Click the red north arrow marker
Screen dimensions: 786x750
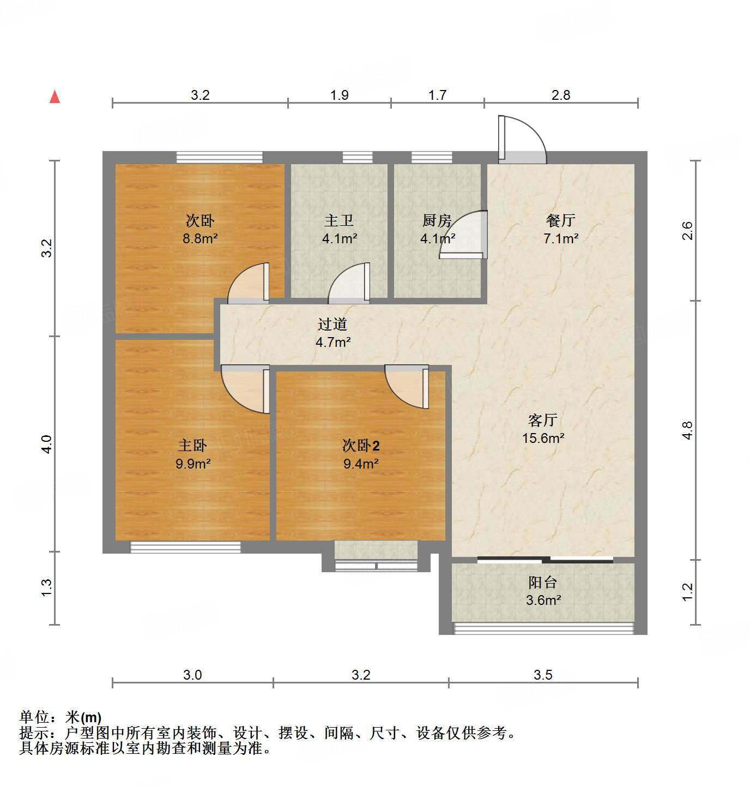(x=55, y=97)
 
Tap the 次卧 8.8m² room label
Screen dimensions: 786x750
(x=200, y=229)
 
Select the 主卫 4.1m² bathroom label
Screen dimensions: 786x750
(x=339, y=229)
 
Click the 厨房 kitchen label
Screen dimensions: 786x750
(x=437, y=221)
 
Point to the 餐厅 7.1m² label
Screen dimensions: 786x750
(x=560, y=229)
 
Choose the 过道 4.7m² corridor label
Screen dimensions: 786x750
(x=332, y=333)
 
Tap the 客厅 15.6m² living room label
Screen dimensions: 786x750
(x=543, y=429)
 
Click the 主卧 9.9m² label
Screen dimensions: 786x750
(x=192, y=454)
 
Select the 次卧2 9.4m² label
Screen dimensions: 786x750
(x=360, y=454)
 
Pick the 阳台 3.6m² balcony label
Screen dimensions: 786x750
(x=543, y=591)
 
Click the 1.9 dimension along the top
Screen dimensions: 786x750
(x=339, y=95)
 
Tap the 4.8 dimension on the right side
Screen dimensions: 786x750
(x=687, y=430)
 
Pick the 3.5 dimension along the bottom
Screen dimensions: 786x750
(x=543, y=675)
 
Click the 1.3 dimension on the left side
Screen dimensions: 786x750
(x=47, y=587)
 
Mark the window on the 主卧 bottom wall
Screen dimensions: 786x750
(x=185, y=547)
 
